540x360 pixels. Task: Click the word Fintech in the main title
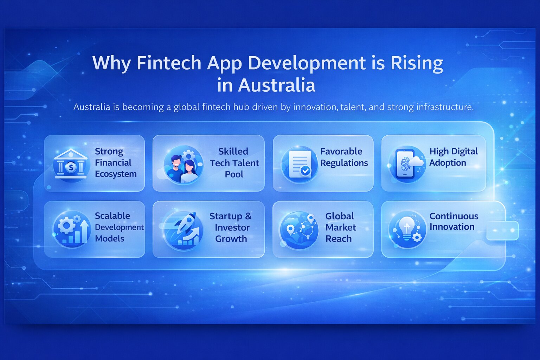pyautogui.click(x=168, y=63)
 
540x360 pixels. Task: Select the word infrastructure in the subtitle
pyautogui.click(x=444, y=107)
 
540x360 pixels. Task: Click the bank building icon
pyautogui.click(x=71, y=164)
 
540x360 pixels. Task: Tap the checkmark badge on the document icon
pyautogui.click(x=305, y=171)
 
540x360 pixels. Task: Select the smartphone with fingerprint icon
pyautogui.click(x=404, y=164)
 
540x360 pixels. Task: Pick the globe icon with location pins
pyautogui.click(x=298, y=230)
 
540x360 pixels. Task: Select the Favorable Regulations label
pyautogui.click(x=343, y=157)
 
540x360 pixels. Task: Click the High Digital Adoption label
pyautogui.click(x=453, y=157)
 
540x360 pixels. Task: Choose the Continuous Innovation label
pyautogui.click(x=454, y=221)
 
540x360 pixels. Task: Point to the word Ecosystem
pyautogui.click(x=116, y=174)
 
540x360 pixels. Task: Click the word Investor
pyautogui.click(x=232, y=227)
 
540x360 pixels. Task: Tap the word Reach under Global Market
pyautogui.click(x=338, y=239)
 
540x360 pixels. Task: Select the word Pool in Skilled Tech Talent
pyautogui.click(x=234, y=174)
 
